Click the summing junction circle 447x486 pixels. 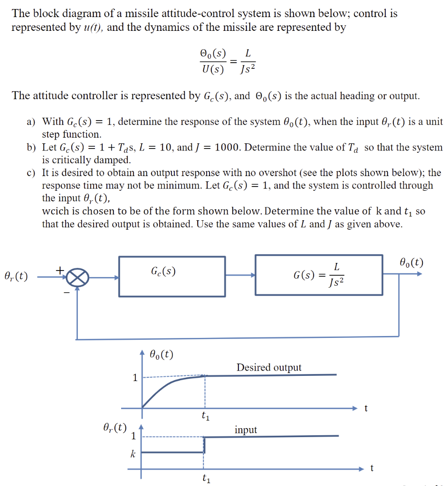(76, 276)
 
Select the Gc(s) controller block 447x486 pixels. (172, 276)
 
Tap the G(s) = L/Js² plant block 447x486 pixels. (319, 275)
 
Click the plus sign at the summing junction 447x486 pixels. (60, 270)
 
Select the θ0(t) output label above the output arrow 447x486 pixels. (411, 262)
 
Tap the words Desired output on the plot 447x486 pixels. (269, 367)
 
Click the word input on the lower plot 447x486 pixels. (246, 430)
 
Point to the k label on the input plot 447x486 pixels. (133, 454)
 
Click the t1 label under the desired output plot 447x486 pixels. (205, 417)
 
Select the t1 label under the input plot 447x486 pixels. (205, 479)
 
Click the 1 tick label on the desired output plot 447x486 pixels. (135, 378)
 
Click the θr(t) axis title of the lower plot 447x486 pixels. (114, 427)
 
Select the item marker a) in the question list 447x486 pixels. (31, 122)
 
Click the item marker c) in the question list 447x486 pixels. (31, 173)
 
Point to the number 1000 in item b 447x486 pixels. (228, 148)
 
